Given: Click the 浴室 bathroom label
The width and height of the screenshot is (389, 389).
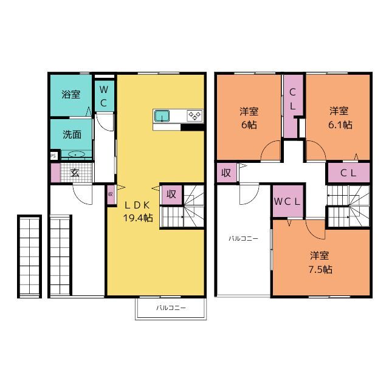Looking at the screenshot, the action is [x=71, y=94].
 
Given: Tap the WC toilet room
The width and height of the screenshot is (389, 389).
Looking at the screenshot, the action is [x=105, y=96].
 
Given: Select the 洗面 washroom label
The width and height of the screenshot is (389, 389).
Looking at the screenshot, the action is [x=72, y=134].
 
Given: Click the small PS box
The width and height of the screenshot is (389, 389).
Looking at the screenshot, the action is [x=53, y=156].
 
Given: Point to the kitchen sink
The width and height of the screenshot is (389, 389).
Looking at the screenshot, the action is [x=162, y=116].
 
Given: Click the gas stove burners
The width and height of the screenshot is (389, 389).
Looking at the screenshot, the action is [x=194, y=115].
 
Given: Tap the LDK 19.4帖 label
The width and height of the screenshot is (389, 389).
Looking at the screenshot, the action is [x=138, y=212].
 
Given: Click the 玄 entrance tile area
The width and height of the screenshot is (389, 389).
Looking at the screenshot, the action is [x=76, y=173].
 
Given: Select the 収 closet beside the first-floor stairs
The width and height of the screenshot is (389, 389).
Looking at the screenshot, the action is [x=171, y=194].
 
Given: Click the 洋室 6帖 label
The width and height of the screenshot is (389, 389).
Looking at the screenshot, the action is [x=249, y=118].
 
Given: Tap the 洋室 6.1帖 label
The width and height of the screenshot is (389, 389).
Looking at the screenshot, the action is [x=340, y=118].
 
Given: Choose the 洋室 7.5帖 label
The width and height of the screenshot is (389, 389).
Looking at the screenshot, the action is [x=320, y=262].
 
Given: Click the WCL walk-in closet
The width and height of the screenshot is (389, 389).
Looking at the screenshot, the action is [x=287, y=201].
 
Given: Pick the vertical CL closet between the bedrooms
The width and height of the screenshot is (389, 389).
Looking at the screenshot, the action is [x=293, y=106].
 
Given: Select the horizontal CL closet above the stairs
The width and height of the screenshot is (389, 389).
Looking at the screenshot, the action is [x=349, y=173].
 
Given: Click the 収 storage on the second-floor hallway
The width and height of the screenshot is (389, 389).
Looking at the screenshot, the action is [x=227, y=173].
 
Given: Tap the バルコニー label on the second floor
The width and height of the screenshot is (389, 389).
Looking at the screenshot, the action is [x=243, y=239].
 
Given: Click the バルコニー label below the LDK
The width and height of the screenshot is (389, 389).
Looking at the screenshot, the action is [x=171, y=308].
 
